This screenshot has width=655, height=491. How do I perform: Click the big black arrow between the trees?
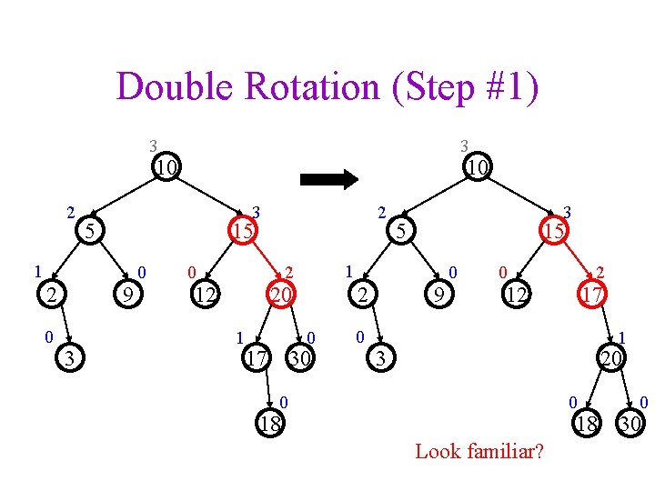click(329, 179)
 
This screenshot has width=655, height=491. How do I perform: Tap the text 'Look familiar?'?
click(479, 451)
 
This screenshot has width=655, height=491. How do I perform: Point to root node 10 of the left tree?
click(165, 167)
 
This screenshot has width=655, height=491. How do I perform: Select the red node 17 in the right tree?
click(592, 293)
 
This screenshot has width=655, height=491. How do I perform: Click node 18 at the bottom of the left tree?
click(270, 423)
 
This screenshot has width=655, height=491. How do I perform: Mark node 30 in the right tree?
click(629, 423)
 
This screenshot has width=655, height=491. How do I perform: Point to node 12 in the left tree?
click(207, 293)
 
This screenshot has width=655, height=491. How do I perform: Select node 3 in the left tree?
click(69, 358)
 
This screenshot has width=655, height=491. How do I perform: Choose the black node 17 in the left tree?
click(256, 358)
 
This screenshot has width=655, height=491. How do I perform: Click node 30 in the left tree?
click(299, 358)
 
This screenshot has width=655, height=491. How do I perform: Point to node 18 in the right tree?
click(589, 423)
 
